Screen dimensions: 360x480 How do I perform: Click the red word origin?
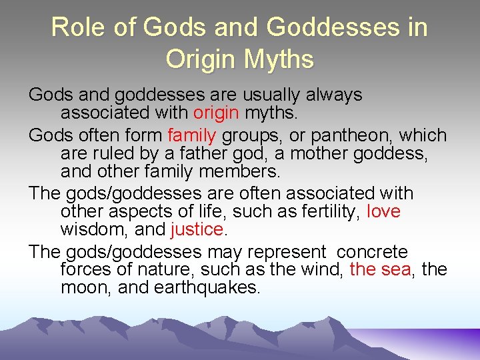click(216, 114)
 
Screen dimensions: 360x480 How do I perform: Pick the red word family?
click(192, 135)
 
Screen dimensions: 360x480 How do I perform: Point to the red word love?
click(384, 211)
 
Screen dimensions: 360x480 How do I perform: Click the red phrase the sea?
click(380, 270)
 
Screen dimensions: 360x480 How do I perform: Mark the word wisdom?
click(89, 231)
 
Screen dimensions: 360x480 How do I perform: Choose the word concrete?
click(372, 252)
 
